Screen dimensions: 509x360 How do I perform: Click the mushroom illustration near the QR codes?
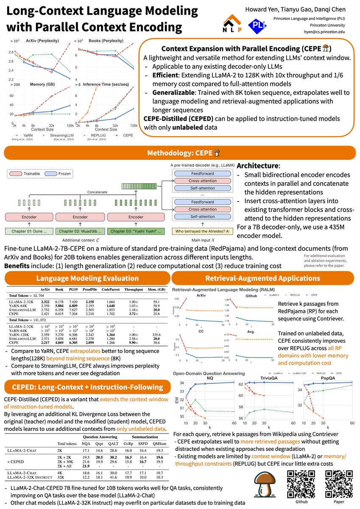[264, 485]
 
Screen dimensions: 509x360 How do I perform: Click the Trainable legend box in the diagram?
[31, 173]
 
